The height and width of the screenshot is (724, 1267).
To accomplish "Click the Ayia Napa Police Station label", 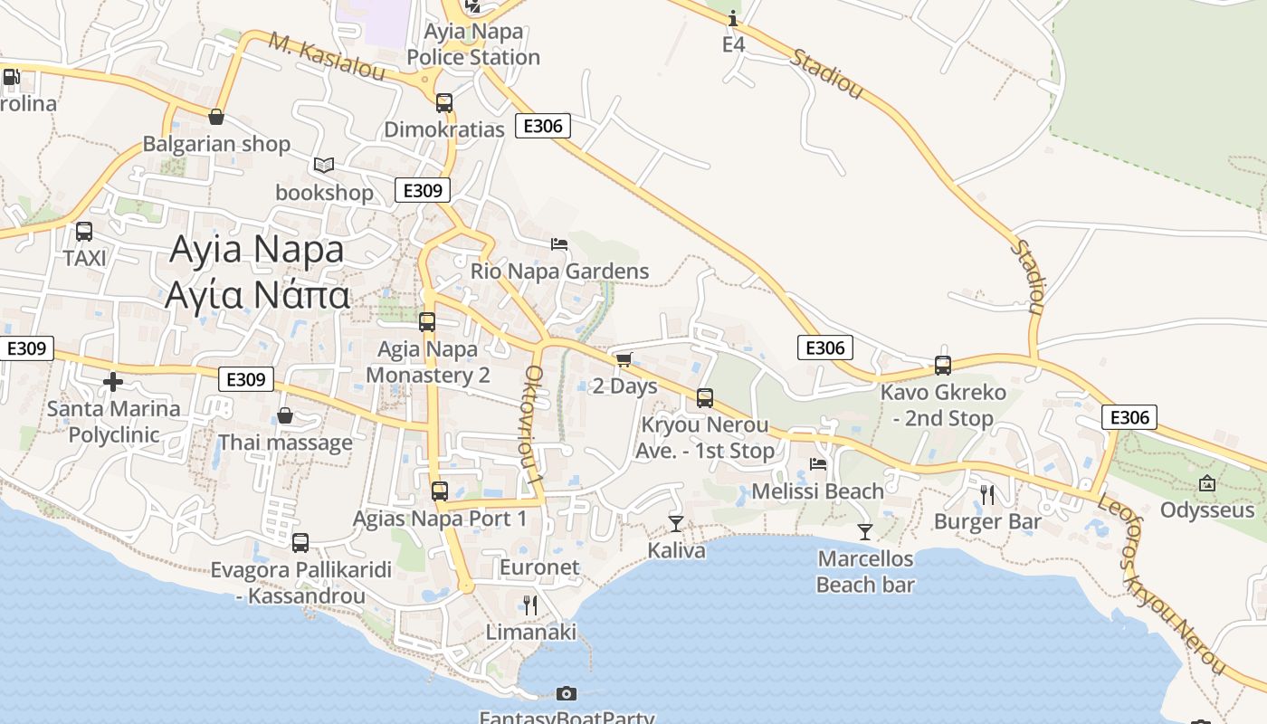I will tap(472, 44).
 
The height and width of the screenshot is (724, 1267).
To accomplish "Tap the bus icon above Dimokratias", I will tap(443, 103).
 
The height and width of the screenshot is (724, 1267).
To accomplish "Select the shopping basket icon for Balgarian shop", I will tap(216, 117).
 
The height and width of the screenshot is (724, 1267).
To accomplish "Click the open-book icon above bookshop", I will tap(324, 165).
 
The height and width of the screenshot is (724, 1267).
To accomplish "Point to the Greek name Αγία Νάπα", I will tap(257, 295).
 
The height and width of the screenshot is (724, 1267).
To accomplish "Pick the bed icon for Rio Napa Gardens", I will tap(559, 243).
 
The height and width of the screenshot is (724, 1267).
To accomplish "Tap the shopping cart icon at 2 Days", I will tap(624, 359).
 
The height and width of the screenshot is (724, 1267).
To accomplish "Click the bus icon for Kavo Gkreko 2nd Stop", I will tap(943, 366).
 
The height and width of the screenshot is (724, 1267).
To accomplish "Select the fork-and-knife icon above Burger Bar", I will tap(987, 494).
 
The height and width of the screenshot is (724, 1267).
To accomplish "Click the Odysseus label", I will tap(1207, 510).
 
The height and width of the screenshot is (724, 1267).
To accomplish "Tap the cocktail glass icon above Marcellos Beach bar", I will tap(865, 531).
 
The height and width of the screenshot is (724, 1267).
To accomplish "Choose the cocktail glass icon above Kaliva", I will tap(676, 523).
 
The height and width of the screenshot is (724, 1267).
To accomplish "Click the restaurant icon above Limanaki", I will tap(530, 605).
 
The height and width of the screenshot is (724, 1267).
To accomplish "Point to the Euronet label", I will tap(539, 567).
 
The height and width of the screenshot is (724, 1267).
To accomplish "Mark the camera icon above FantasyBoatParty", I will tap(567, 693).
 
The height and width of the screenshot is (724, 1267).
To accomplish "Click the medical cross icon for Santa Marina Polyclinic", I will tap(113, 382).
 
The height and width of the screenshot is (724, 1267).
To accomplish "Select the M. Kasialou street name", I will tap(328, 56).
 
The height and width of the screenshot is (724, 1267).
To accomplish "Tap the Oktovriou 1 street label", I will tap(534, 424).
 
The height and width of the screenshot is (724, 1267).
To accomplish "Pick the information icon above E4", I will tap(733, 18).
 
